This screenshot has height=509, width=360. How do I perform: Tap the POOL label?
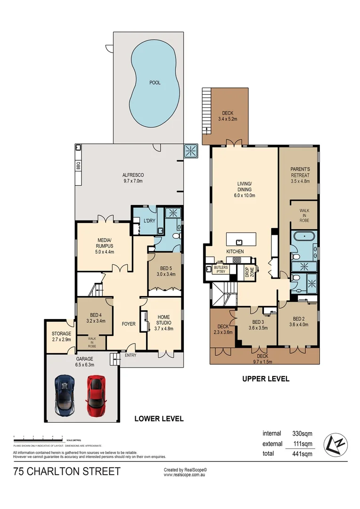click(155, 82)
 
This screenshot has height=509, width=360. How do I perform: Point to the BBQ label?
click(78, 166)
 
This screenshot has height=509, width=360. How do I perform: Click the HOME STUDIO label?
click(164, 323)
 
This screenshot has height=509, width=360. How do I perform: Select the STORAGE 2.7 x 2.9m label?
click(61, 337)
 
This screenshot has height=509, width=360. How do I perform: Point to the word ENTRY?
click(131, 355)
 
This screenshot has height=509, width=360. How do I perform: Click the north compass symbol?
click(335, 444)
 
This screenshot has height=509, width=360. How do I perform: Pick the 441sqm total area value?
click(301, 454)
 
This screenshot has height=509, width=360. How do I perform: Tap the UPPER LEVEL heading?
click(265, 378)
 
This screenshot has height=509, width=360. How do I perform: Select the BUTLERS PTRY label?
click(221, 269)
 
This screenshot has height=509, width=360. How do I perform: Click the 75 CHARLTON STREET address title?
click(67, 471)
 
